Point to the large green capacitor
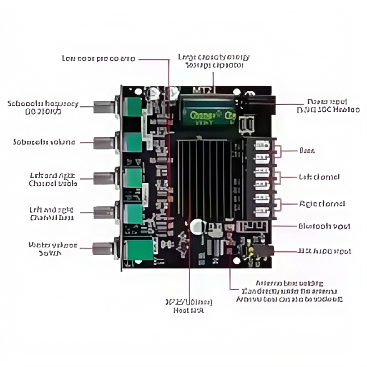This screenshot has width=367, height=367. coord(208,111)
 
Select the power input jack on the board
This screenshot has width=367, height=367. coord(259,103)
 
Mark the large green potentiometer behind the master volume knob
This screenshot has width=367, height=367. coord(139,249)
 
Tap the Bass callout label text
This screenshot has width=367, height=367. coord(307,150)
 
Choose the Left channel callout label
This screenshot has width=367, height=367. coord(319,177)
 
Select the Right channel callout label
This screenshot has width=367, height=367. coord(322,204)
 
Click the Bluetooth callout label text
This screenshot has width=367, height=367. coord(324,226)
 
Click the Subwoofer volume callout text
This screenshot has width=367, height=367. coord(44,142)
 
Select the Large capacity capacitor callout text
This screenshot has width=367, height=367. coord(214,60)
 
